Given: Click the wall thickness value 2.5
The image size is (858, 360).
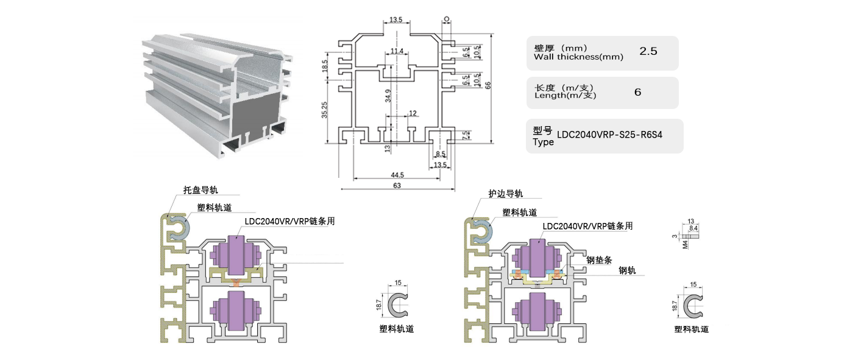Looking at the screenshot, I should (x=648, y=52).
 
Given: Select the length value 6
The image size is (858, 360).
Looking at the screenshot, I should (x=637, y=93).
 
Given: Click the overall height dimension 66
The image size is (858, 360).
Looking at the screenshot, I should (x=488, y=85).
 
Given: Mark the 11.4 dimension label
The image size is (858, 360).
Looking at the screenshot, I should (x=397, y=51).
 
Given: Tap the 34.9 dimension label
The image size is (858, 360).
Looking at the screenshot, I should (x=388, y=98).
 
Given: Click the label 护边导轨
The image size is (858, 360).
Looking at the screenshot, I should (x=505, y=194).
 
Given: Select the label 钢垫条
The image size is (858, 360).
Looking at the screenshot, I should (x=598, y=259).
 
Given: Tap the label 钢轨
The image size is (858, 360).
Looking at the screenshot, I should (x=627, y=270).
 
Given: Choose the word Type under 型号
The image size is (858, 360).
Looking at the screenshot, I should (x=543, y=142).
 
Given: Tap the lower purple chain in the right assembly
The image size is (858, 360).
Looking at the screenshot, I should (x=537, y=311).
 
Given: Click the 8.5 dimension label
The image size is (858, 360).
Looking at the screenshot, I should (x=440, y=155).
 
